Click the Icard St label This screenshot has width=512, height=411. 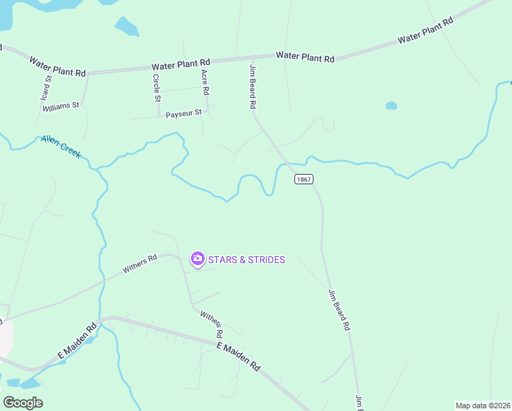[47, 90]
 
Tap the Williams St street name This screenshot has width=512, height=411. [61, 107]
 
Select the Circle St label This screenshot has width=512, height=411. [157, 88]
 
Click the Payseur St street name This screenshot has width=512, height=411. [182, 113]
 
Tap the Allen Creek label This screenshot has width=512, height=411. [61, 146]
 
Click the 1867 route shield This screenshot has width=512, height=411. [304, 179]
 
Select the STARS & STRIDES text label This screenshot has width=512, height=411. [247, 260]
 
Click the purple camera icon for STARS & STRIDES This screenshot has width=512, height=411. [197, 258]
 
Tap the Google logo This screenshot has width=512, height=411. [23, 402]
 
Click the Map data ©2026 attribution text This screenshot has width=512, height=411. [483, 406]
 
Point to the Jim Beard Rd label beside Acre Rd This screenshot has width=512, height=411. [253, 86]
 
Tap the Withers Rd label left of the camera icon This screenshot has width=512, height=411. [140, 264]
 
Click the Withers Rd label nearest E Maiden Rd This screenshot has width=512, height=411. [212, 324]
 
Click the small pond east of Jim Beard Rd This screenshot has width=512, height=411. [392, 105]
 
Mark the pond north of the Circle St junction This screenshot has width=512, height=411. [127, 27]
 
